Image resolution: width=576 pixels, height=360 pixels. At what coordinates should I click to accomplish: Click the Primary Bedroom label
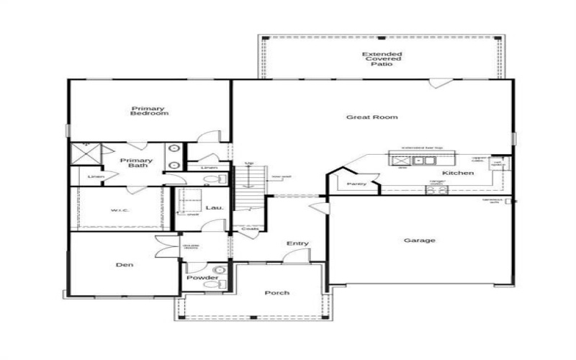(149, 111)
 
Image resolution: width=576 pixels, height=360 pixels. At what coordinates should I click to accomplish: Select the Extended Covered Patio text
(382, 59)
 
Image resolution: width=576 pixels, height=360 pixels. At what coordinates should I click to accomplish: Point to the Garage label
(419, 240)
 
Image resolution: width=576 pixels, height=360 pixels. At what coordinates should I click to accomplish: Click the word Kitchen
(458, 174)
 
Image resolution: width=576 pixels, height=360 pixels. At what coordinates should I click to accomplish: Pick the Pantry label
(357, 184)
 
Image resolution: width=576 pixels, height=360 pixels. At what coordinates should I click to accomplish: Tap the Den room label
(124, 265)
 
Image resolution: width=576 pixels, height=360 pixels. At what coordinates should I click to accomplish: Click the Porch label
(276, 292)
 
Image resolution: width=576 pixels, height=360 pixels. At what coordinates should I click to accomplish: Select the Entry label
(297, 243)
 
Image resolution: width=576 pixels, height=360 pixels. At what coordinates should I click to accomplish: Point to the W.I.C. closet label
(120, 210)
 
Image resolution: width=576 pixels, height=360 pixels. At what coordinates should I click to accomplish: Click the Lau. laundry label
(215, 208)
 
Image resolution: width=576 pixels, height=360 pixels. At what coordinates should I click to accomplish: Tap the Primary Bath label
(136, 163)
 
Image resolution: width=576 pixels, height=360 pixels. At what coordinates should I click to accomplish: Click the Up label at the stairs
(250, 163)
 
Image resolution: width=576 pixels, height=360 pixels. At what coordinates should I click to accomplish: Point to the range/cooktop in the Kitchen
(437, 190)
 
